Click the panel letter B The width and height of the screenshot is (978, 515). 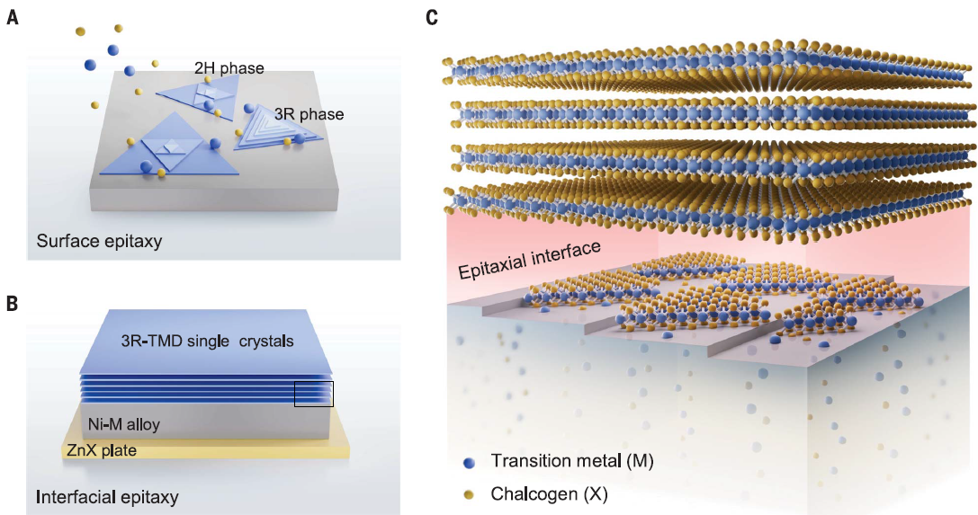(x=12, y=303)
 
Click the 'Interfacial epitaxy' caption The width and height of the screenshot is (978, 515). (x=107, y=496)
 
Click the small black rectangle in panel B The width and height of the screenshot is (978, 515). (x=314, y=393)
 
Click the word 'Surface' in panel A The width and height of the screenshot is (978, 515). (x=64, y=241)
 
